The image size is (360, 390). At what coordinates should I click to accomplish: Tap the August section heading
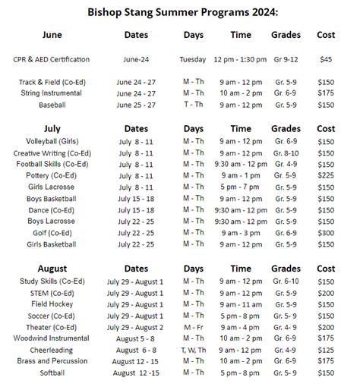(52, 269)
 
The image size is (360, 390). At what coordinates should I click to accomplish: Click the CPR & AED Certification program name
(52, 59)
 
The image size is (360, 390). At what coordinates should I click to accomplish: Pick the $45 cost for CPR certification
(326, 59)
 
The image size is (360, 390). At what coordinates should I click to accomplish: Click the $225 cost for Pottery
(326, 175)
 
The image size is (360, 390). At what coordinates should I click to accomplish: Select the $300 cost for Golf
(326, 233)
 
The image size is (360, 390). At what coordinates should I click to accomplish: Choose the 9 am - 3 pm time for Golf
(240, 233)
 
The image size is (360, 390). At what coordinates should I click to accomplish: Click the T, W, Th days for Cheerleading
(193, 350)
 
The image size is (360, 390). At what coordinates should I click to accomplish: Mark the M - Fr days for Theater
(193, 327)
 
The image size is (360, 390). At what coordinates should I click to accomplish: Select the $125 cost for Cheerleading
(326, 350)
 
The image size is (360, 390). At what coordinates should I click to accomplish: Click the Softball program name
(52, 373)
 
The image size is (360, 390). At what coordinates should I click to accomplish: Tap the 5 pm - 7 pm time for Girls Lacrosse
(240, 187)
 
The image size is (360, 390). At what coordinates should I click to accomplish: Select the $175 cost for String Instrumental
(326, 93)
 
